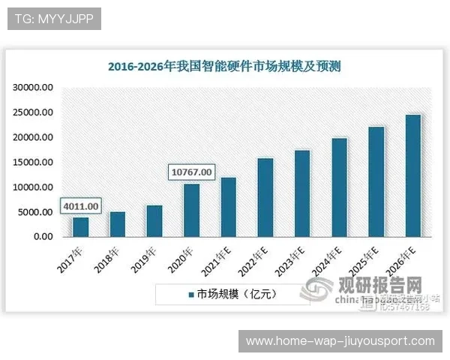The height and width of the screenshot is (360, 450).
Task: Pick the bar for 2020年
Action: pyautogui.click(x=191, y=211)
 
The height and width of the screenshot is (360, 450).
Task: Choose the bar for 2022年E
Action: pyautogui.click(x=265, y=198)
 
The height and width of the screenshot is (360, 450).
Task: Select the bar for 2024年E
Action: pyautogui.click(x=339, y=187)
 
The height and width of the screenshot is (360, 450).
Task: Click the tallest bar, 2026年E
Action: pyautogui.click(x=413, y=176)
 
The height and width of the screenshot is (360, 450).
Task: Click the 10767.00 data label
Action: pyautogui.click(x=191, y=172)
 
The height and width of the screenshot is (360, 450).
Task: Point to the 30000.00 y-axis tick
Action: pyautogui.click(x=33, y=88)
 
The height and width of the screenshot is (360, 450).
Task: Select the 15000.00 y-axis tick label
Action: pyautogui.click(x=33, y=163)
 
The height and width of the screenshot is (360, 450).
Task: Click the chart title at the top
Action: pyautogui.click(x=224, y=66)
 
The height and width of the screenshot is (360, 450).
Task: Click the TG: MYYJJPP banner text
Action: pyautogui.click(x=54, y=18)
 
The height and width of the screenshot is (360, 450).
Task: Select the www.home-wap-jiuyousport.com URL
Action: pyautogui.click(x=340, y=341)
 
